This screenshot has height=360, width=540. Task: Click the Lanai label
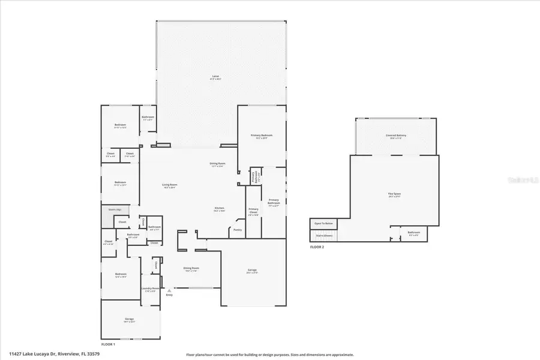[x=215, y=77]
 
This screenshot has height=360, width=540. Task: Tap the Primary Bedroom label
[x=262, y=136]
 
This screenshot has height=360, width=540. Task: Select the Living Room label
[x=169, y=185]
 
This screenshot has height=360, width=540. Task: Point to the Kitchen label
[x=220, y=208]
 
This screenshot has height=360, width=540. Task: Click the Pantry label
[x=238, y=230]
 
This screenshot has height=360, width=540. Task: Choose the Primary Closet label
[x=253, y=210]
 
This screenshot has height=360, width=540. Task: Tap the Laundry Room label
[x=150, y=289]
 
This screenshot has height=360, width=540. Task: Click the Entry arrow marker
[x=169, y=290]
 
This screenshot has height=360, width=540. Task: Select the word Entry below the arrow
[x=169, y=295]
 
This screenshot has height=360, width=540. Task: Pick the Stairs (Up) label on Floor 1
[x=115, y=209]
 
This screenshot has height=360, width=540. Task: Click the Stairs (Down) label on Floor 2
[x=323, y=235]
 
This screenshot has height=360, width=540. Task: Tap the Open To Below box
[x=323, y=224]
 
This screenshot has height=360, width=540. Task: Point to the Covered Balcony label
[x=396, y=136]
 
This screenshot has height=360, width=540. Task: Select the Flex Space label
[x=394, y=193]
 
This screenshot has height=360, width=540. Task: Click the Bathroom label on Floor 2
[x=414, y=232]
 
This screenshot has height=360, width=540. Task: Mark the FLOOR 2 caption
[x=317, y=247]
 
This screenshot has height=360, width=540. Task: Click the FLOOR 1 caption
[x=108, y=344]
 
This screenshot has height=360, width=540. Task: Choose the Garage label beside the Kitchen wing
[x=252, y=270]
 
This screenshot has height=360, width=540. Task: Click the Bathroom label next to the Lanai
[x=148, y=117]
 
